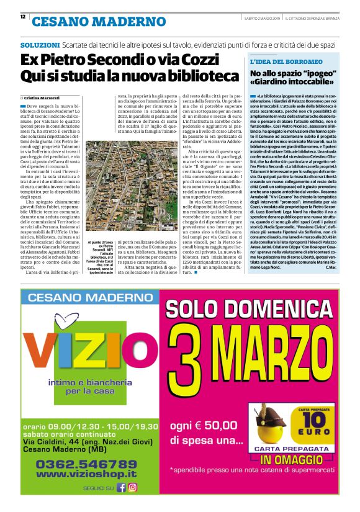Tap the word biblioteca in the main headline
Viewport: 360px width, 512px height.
click(205, 76)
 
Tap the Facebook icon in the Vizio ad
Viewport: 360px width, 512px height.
click(122, 487)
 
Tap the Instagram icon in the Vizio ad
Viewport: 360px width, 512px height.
click(133, 487)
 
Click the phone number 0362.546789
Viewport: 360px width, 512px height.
click(86, 464)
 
